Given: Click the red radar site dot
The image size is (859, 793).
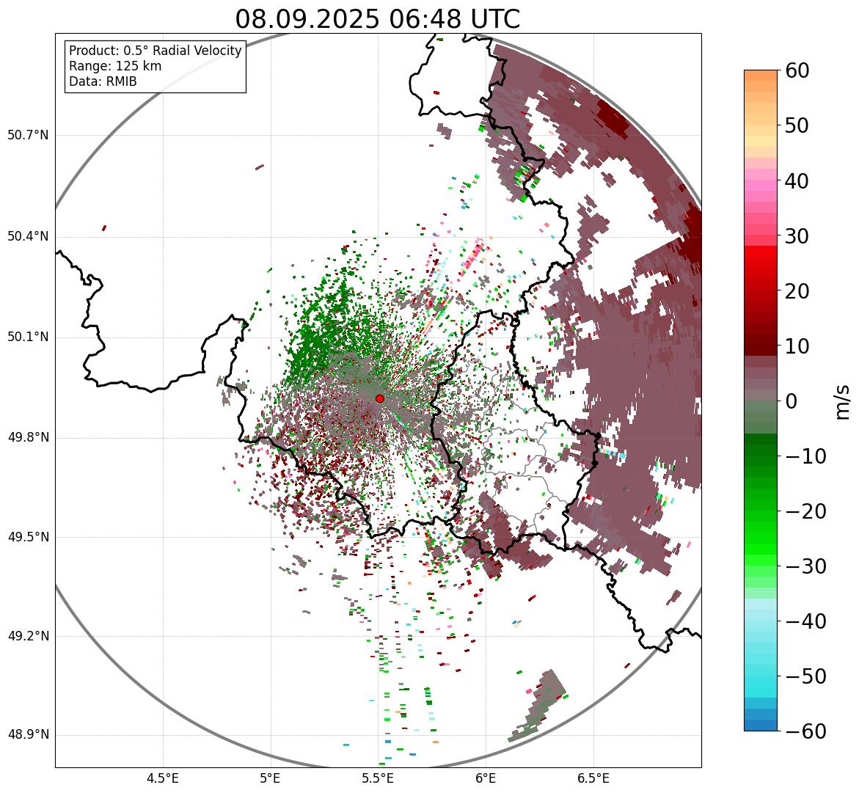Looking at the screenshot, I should click(379, 398).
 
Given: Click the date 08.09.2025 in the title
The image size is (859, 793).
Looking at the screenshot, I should click(305, 19).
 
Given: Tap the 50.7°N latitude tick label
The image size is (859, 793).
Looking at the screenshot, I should click(28, 136).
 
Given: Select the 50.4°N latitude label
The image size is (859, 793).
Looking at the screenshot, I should click(28, 237).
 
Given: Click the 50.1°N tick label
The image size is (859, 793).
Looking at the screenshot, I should click(28, 337).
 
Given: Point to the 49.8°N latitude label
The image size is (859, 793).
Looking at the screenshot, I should click(28, 438).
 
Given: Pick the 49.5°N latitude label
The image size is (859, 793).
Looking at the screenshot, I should click(28, 538).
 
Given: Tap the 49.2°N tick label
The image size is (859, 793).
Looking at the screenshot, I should click(28, 636).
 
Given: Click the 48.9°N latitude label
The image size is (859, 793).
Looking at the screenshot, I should click(28, 735).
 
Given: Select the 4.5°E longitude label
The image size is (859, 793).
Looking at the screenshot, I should click(163, 778).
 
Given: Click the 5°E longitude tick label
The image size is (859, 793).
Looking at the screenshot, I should click(271, 778).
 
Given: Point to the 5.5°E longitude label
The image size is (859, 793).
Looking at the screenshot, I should click(378, 778).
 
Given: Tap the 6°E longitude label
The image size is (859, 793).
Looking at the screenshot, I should click(485, 778).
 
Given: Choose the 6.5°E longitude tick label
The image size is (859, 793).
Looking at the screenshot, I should click(593, 778).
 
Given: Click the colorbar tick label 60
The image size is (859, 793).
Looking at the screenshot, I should click(797, 70).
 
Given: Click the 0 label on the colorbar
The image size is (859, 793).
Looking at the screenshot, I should click(791, 401).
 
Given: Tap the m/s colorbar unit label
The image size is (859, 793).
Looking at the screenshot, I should click(843, 401).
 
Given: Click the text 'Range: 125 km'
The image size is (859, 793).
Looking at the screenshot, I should click(115, 66).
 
